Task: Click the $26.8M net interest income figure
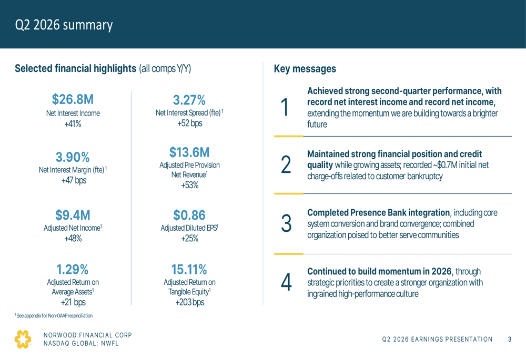tap(73, 99)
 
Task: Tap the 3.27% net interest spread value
tap(189, 100)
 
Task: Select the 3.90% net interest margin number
tap(73, 157)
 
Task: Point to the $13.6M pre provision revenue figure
tap(189, 152)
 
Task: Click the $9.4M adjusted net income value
tap(73, 215)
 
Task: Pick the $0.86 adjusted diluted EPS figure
tap(189, 215)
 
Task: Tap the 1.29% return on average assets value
tap(73, 270)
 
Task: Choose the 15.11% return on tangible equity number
tap(189, 270)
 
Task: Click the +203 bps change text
tap(190, 302)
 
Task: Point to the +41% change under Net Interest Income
tap(73, 124)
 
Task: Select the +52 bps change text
tap(190, 124)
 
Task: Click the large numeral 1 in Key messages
tap(285, 107)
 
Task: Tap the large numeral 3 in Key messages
tap(286, 223)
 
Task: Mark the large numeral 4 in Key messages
tap(286, 282)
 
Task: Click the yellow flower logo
tap(23, 339)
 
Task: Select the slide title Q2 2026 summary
tap(64, 25)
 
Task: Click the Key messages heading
tap(305, 69)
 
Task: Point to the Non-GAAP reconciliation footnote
tap(54, 316)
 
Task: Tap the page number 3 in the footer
tap(510, 339)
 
